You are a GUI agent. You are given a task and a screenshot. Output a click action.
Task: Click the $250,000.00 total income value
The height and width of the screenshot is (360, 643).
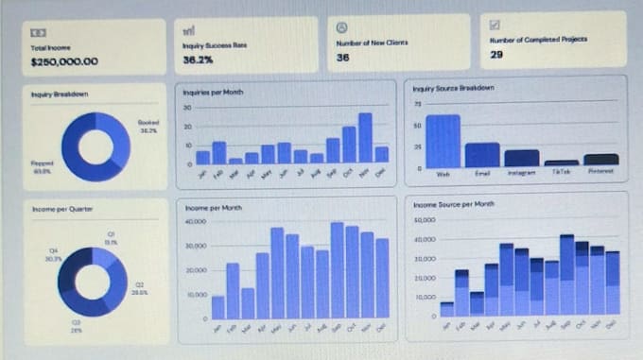64,62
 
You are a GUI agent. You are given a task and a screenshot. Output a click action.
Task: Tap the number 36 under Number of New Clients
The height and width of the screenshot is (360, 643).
343,58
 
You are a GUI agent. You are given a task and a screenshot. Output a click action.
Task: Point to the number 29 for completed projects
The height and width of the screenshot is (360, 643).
496,55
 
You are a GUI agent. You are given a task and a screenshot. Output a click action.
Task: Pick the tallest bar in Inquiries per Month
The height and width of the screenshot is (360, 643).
365,138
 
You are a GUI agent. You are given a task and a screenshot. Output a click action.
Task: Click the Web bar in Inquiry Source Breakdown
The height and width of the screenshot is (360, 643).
443,141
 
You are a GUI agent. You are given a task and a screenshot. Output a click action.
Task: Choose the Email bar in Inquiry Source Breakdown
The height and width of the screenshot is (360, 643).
481,154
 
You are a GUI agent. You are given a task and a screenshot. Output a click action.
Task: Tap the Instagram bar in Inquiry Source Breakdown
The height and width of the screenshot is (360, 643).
521,158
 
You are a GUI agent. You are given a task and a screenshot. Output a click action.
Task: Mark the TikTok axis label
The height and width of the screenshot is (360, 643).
561,173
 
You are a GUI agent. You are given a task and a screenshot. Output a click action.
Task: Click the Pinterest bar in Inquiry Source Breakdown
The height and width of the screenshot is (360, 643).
600,160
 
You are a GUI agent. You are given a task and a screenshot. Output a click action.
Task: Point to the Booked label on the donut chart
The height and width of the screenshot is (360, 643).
148,123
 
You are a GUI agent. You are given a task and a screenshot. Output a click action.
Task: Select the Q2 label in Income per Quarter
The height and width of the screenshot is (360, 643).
138,284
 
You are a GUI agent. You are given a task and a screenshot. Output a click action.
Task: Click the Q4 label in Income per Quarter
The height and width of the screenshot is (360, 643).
53,250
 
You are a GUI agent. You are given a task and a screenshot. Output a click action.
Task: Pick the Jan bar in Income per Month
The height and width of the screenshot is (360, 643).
217,307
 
